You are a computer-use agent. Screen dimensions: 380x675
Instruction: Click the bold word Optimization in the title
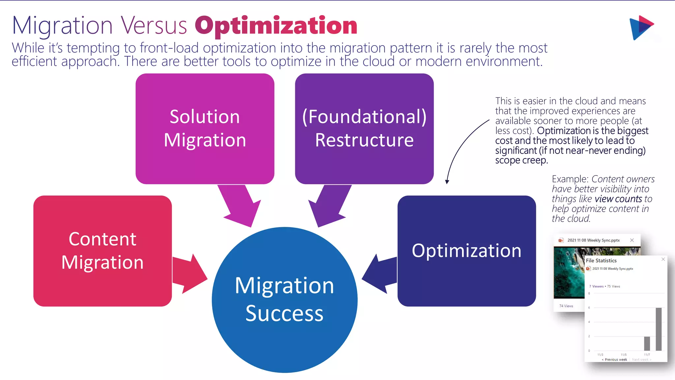[x=276, y=26]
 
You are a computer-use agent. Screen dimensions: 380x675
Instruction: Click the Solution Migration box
[x=205, y=129]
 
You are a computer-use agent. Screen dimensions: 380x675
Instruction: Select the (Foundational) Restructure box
[x=364, y=129]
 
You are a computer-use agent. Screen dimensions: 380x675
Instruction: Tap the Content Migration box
[x=103, y=251]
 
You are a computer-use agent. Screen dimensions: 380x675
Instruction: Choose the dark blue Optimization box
[x=466, y=251]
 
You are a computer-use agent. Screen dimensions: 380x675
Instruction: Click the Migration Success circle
[x=284, y=300]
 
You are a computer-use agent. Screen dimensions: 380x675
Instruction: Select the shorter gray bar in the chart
[x=647, y=343]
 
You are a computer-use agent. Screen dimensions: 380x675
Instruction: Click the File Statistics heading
[x=601, y=261]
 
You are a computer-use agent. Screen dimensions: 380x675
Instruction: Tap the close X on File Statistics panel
[x=663, y=260]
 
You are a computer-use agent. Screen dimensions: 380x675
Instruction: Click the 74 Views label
[x=566, y=306]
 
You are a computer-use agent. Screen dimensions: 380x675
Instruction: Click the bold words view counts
[x=618, y=199]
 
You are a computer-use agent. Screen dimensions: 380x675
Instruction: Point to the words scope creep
[x=521, y=160]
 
